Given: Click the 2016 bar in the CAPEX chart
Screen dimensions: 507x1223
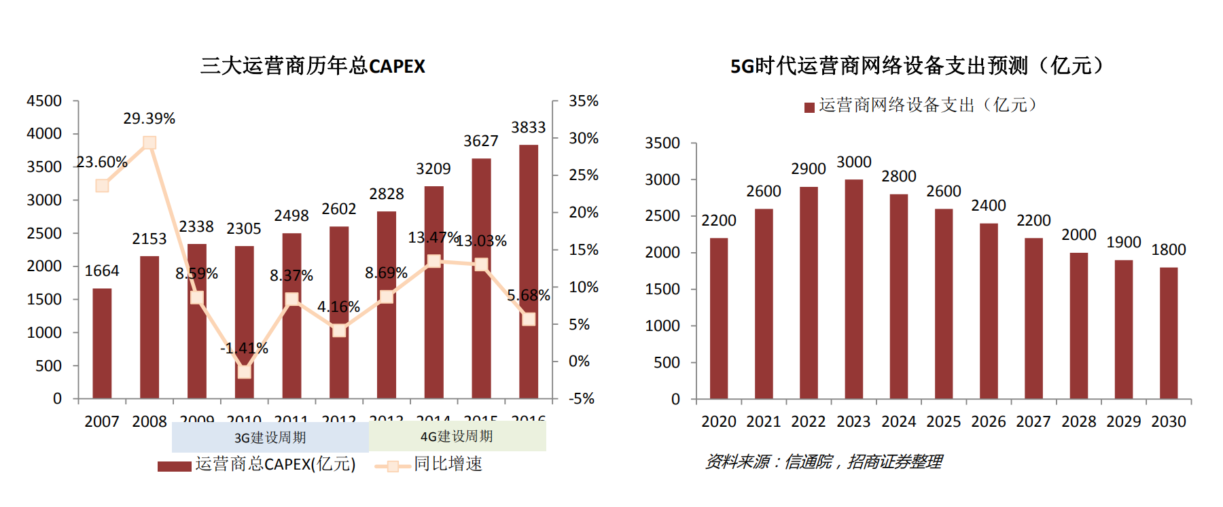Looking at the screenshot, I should point(528,272).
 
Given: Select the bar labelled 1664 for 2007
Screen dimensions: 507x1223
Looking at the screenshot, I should point(102,343).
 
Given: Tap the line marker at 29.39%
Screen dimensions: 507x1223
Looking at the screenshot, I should point(149,143).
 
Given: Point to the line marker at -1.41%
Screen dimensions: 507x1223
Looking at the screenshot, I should point(244,371).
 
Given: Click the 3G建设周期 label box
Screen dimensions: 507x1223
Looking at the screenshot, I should point(270,437).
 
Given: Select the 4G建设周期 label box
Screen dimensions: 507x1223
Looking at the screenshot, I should point(457,436).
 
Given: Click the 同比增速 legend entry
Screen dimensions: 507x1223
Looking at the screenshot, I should point(429,464).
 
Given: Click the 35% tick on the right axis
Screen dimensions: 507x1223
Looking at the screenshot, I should point(583,101).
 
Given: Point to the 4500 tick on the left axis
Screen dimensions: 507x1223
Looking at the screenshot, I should point(44,101).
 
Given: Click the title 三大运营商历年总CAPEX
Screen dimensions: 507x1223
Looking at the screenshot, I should point(313,66).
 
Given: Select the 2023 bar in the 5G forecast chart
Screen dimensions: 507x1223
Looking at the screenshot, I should point(853,289).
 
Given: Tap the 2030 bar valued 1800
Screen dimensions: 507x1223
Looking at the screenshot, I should point(1168,333).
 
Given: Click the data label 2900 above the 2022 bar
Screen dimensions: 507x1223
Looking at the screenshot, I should point(809,169).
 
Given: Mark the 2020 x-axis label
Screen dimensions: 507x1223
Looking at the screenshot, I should point(719,421).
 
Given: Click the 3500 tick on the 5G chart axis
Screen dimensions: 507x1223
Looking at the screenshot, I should point(662,143).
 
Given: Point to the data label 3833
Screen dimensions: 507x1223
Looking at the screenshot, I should point(529,128).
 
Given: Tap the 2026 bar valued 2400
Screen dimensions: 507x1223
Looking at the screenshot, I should point(989,311).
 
